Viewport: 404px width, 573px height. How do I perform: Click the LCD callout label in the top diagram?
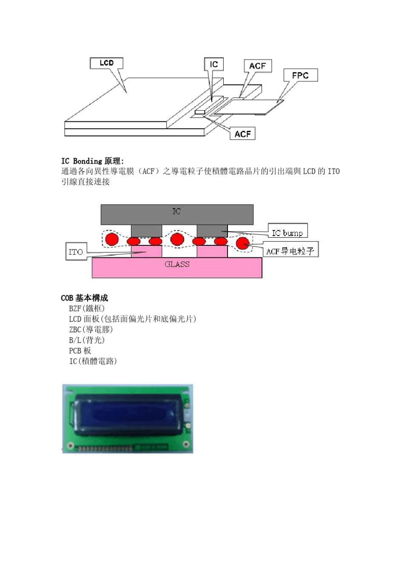[106, 63]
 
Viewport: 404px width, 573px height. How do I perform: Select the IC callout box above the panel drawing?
[213, 64]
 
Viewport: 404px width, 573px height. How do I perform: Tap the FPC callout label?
[300, 75]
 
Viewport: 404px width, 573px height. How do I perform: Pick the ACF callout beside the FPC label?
[257, 66]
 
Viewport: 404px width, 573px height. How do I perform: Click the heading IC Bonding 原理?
[92, 161]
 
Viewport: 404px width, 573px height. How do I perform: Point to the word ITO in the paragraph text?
[333, 171]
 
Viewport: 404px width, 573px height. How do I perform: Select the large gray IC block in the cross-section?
[176, 214]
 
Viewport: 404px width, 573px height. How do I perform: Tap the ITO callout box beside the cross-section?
[76, 251]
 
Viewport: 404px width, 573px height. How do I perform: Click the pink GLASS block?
[177, 268]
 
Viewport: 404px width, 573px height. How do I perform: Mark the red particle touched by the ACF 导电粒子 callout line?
[242, 243]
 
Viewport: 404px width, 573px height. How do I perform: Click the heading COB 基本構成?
[84, 298]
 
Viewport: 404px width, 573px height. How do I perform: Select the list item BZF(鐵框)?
[86, 308]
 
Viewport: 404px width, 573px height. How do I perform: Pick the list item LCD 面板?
[132, 319]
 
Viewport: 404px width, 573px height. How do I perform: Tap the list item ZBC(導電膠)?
[91, 330]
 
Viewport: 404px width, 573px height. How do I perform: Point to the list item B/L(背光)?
[86, 340]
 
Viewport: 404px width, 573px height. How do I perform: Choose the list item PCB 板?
[80, 351]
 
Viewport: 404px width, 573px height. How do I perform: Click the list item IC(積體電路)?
[93, 361]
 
